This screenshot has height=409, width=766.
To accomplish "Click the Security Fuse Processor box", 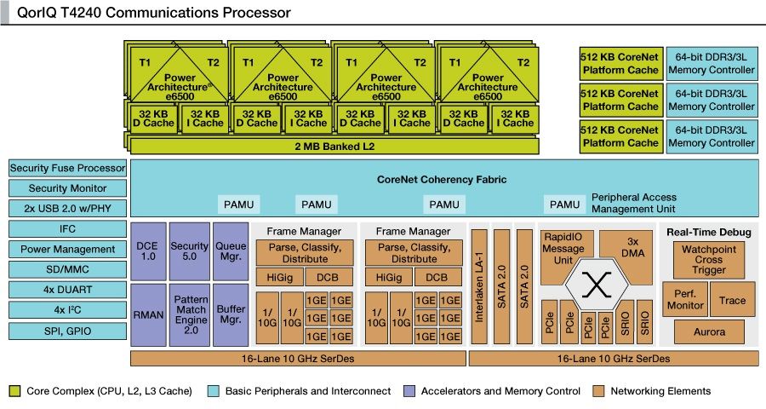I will coord(67,169).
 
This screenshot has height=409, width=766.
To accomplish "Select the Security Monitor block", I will coord(67,188).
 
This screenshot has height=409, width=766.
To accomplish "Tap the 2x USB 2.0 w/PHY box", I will coord(67,209).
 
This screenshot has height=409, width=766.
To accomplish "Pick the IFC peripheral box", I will coord(67,229).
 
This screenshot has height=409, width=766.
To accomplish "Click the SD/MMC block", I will coord(67,269).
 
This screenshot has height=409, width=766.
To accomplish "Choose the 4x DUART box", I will coord(67,290).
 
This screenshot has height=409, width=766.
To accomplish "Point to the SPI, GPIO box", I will coord(67,330).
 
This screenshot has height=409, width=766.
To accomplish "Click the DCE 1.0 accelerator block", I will coord(147,251).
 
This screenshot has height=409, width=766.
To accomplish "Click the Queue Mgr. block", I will coord(230,251).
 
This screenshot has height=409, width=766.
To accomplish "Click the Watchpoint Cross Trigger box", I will coord(708,260).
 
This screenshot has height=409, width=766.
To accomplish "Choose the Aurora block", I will coord(708,331).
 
